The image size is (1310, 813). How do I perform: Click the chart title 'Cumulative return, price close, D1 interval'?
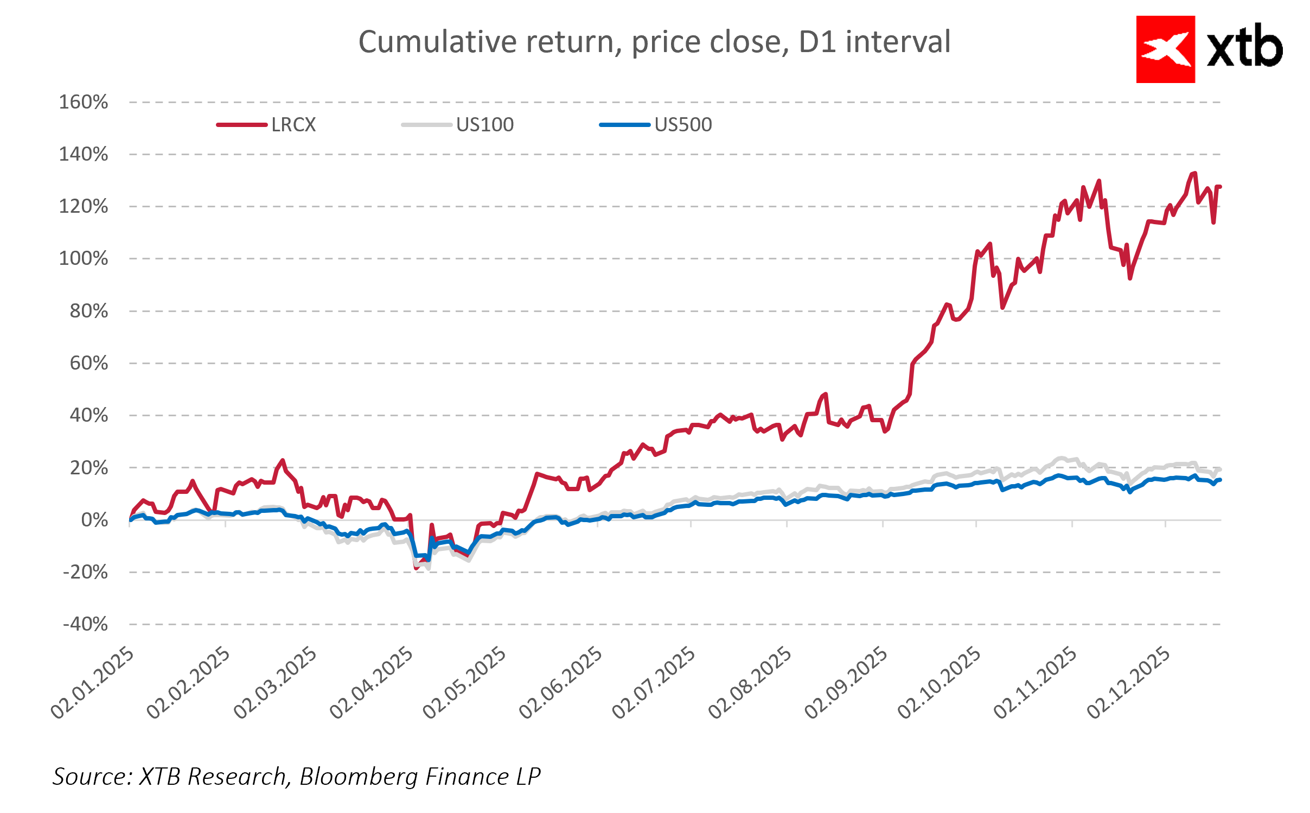654,42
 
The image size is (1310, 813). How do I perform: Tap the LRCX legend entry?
293,125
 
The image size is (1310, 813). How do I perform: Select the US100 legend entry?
484,125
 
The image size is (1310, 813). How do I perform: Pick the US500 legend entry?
683,125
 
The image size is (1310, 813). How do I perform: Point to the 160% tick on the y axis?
84,102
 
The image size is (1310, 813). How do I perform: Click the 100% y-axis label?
84,258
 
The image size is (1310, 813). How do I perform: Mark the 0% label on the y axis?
94,520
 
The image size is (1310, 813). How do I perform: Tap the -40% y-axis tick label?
85,624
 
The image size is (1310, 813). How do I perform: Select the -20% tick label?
85,572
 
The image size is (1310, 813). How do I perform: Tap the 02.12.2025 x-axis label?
1130,682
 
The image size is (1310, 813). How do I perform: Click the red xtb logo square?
1165,49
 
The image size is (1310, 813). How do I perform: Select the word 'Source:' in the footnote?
93,777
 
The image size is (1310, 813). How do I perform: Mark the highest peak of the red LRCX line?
1194,173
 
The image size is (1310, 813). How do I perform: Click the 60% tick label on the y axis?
89,363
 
